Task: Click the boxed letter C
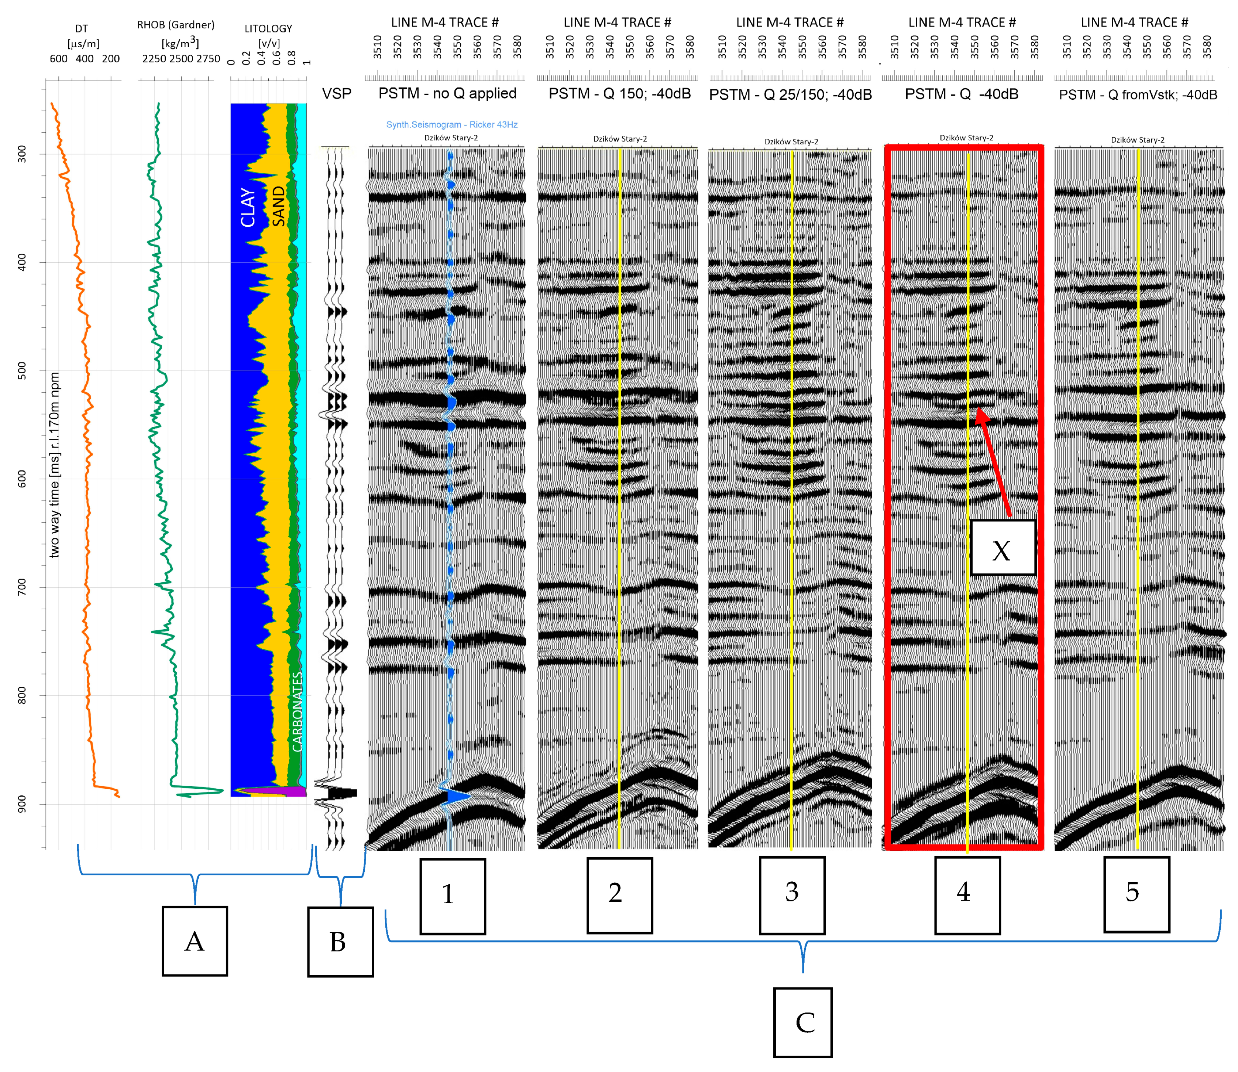(x=802, y=1023)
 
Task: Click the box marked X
(x=1003, y=548)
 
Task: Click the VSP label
(x=337, y=93)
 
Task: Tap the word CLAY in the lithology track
(x=248, y=207)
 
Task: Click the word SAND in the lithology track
(x=279, y=205)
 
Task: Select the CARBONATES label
(x=297, y=712)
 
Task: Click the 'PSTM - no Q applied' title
(x=447, y=93)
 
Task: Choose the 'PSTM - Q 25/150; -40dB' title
(x=790, y=95)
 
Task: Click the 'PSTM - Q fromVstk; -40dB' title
(x=1138, y=95)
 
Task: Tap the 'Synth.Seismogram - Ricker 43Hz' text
(x=451, y=124)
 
